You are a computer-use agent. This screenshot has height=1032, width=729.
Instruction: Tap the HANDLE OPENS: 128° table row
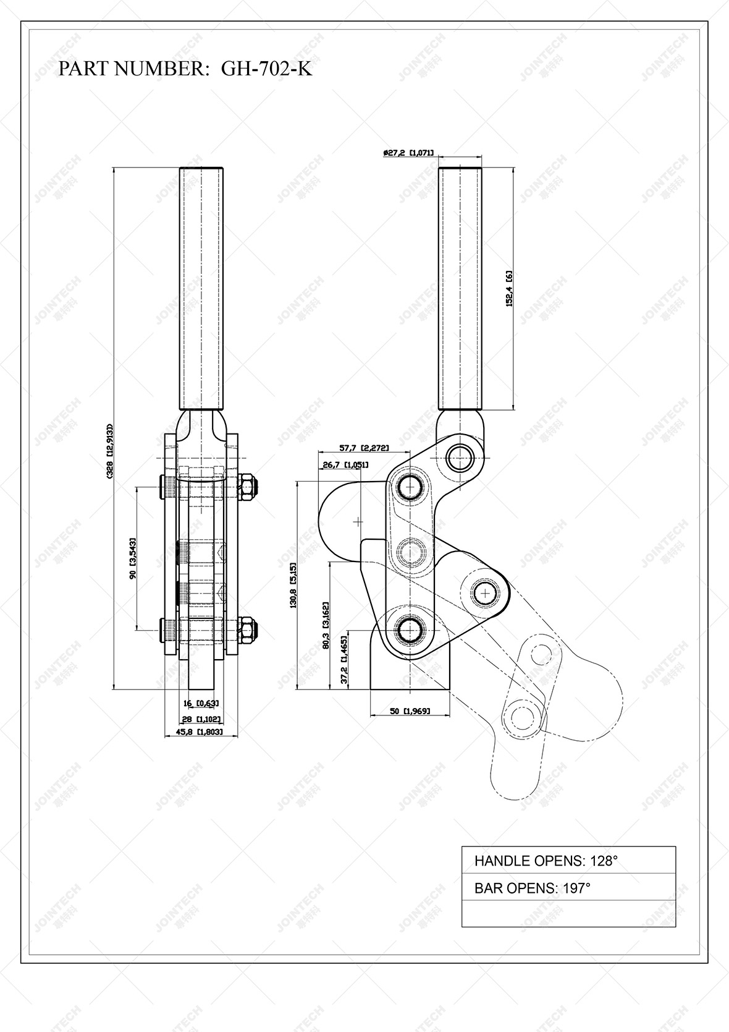568,860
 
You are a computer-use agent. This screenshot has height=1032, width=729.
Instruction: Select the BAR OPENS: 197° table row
568,888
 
